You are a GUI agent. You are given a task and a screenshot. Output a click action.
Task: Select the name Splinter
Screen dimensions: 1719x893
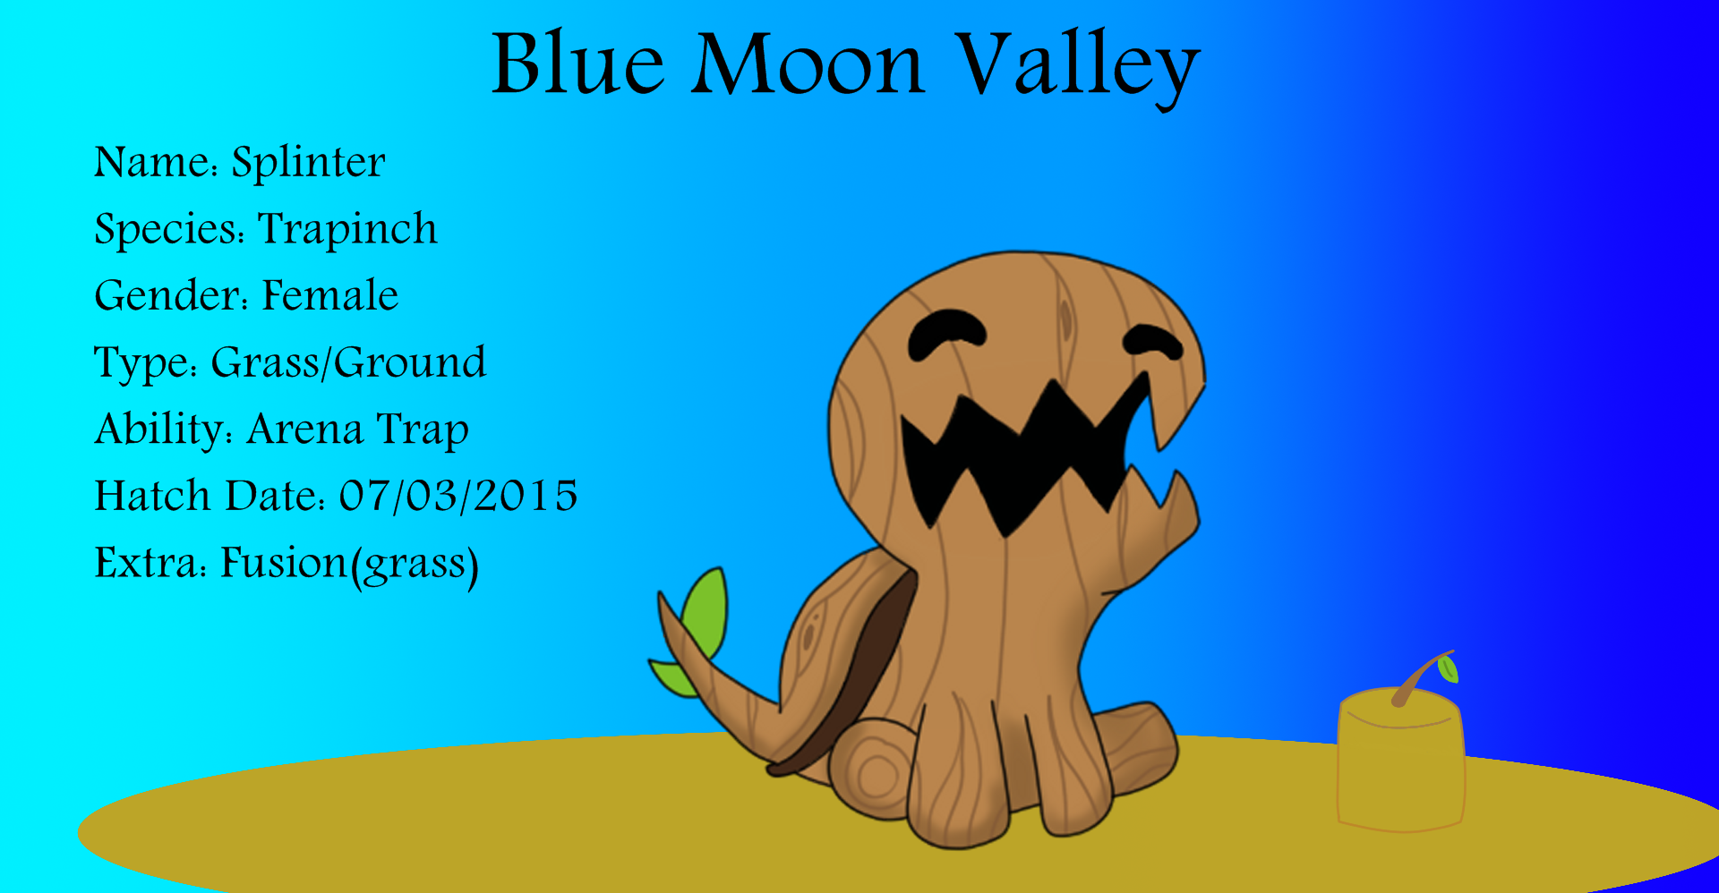pos(308,162)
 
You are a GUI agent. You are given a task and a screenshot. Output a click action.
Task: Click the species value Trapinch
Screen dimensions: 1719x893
pos(347,229)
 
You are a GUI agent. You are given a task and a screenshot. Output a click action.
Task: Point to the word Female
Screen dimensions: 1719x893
pos(329,295)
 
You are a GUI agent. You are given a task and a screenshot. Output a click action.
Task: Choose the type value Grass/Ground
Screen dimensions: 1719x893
pos(348,362)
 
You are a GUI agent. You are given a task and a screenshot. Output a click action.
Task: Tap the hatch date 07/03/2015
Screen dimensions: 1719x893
pos(458,496)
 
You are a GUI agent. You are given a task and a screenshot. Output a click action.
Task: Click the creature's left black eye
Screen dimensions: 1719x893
pos(945,333)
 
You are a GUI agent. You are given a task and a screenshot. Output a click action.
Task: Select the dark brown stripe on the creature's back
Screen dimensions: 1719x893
pos(859,671)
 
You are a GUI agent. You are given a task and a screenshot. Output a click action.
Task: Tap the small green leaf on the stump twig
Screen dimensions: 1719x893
pos(1447,668)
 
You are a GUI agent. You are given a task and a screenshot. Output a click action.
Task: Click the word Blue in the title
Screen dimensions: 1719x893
pos(578,64)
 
